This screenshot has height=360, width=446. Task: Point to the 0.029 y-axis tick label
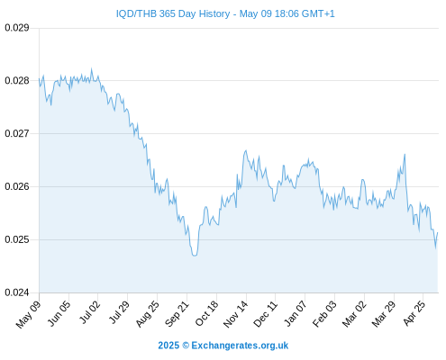tap(17, 28)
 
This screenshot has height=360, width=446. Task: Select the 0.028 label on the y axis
tap(17, 80)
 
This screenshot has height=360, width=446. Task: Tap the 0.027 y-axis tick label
tap(17, 133)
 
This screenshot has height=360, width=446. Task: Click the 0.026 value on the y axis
tap(17, 186)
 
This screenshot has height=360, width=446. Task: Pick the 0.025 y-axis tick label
tap(17, 239)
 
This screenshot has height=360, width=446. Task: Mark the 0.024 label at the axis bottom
tap(17, 292)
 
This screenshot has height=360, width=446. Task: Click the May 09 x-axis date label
tap(28, 314)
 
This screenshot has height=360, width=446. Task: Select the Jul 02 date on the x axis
tap(89, 312)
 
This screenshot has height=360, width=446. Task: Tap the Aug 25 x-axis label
tap(147, 313)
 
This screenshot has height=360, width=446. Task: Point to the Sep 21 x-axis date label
tap(177, 313)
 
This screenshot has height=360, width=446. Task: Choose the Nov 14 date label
tap(236, 313)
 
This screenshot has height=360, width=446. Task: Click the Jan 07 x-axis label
tap(296, 313)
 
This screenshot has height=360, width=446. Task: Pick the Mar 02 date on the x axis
tap(354, 313)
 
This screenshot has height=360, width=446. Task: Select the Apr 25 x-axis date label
tap(414, 313)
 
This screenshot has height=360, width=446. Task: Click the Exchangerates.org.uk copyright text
tap(223, 346)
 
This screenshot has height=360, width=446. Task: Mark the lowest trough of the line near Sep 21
tap(195, 256)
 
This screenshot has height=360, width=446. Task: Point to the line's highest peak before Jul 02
tap(92, 68)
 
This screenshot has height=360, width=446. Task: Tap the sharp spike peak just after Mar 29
tap(405, 154)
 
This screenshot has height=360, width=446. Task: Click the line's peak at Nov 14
tap(246, 150)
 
